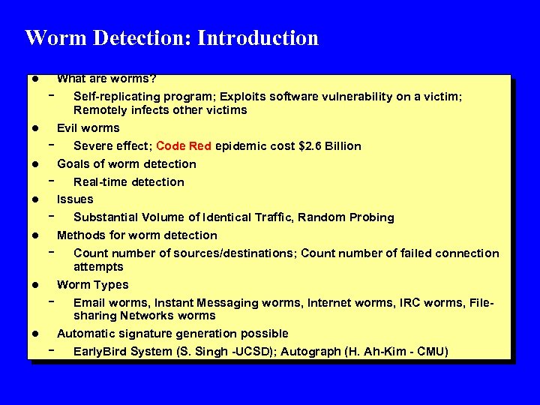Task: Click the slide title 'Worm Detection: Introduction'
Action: coord(172,37)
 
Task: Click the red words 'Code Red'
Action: coord(184,145)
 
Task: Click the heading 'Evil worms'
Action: coord(88,127)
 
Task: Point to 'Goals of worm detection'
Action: coord(126,163)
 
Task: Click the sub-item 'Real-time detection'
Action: coord(128,181)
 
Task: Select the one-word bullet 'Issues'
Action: coord(75,199)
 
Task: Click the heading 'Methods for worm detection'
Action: coord(136,235)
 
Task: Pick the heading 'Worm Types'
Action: coord(92,284)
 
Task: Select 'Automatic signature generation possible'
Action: coord(172,333)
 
